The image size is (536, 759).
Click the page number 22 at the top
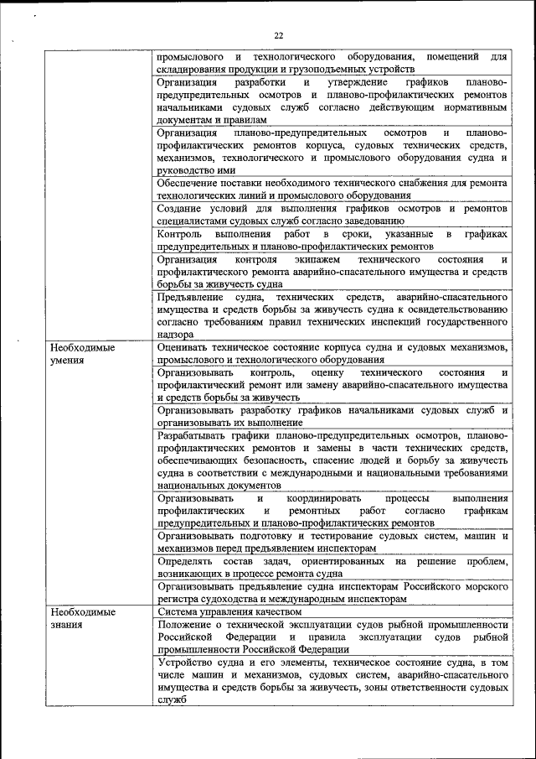coord(278,34)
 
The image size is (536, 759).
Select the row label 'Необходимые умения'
coord(81,353)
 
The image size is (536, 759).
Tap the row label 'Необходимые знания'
coord(81,619)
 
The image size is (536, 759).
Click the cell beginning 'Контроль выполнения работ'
coord(332,239)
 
